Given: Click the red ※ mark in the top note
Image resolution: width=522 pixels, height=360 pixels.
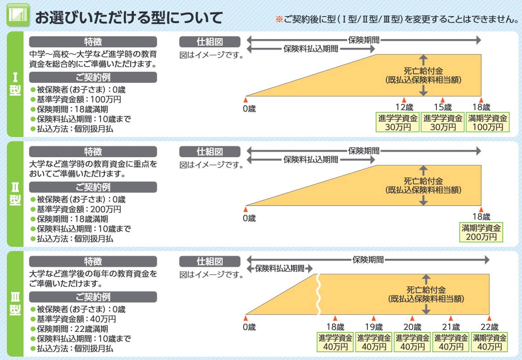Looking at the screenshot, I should [x=278, y=19].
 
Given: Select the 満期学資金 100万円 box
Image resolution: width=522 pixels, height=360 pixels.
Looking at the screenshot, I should [x=488, y=122].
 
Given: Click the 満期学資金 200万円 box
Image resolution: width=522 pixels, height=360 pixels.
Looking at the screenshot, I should [x=482, y=232].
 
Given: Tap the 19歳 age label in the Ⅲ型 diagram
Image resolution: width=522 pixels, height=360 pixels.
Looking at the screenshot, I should [x=373, y=327].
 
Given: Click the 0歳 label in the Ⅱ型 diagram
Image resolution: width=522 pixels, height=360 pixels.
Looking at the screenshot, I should [x=249, y=218].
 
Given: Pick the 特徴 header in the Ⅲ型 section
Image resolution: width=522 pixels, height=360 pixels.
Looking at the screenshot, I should [x=93, y=262].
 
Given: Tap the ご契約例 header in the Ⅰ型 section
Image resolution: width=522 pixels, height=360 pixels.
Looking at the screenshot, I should [x=93, y=77].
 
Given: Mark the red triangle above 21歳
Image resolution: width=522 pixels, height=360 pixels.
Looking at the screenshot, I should [x=451, y=318].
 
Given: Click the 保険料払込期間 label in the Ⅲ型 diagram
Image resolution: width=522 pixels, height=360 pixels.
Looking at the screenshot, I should [x=280, y=268].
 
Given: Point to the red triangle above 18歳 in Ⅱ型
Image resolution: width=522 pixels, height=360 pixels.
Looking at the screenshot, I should [x=481, y=208].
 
